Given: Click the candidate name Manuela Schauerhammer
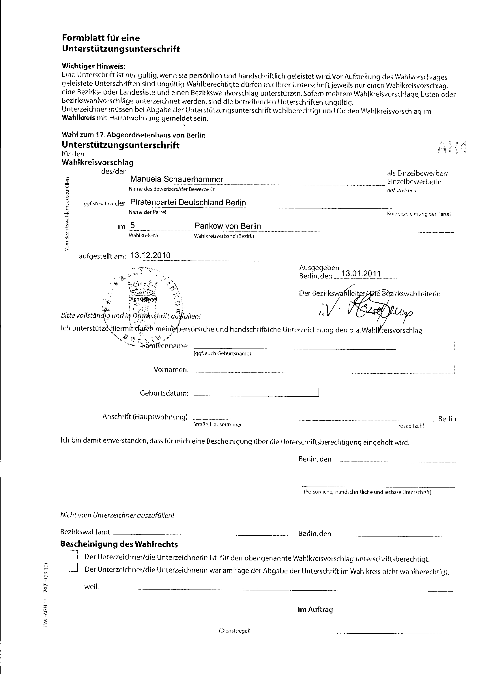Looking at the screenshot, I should pyautogui.click(x=177, y=179).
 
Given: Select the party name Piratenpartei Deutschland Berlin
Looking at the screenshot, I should pyautogui.click(x=188, y=202).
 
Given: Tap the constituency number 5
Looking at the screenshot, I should pyautogui.click(x=132, y=225).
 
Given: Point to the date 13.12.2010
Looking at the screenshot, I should pyautogui.click(x=150, y=255).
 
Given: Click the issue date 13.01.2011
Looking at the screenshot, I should pyautogui.click(x=361, y=274).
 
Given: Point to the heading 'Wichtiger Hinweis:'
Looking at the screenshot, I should pyautogui.click(x=93, y=66).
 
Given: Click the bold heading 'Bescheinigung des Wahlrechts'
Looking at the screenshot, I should pyautogui.click(x=119, y=544).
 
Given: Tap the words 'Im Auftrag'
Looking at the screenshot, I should pyautogui.click(x=315, y=609).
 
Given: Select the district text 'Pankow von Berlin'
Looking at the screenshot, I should pyautogui.click(x=227, y=226).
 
